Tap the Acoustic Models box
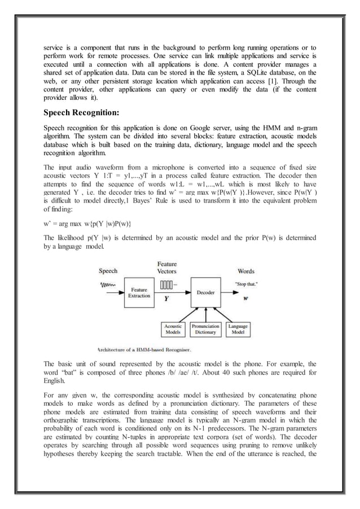click(173, 329)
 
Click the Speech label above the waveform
click(108, 271)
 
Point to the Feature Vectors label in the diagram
click(167, 267)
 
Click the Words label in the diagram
click(245, 271)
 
